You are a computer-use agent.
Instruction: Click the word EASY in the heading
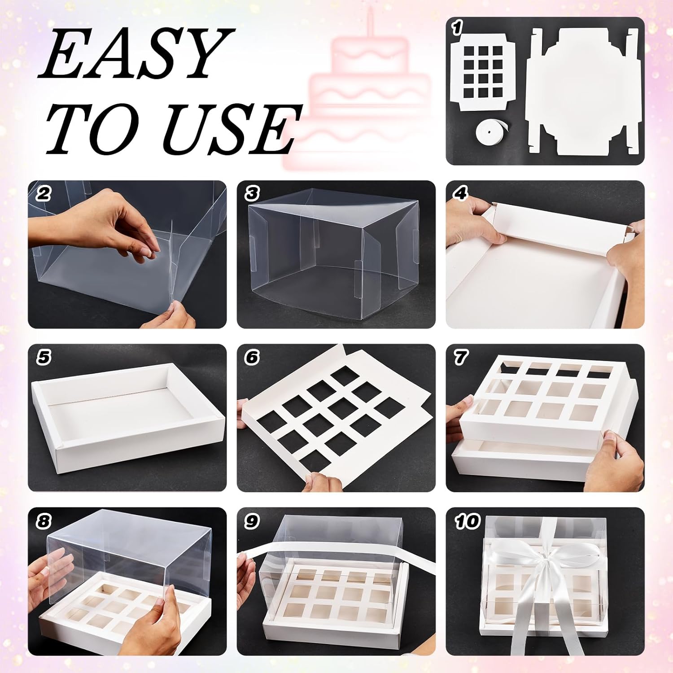pyautogui.click(x=135, y=54)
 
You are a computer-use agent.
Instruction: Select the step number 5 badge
pyautogui.click(x=44, y=358)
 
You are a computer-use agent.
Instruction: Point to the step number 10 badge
pyautogui.click(x=467, y=521)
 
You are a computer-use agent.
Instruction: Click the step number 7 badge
pyautogui.click(x=460, y=358)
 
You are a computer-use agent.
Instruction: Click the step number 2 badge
pyautogui.click(x=44, y=194)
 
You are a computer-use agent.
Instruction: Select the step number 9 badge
pyautogui.click(x=252, y=521)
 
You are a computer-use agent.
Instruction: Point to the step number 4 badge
pyautogui.click(x=460, y=194)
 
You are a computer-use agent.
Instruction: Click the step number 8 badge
pyautogui.click(x=44, y=521)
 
